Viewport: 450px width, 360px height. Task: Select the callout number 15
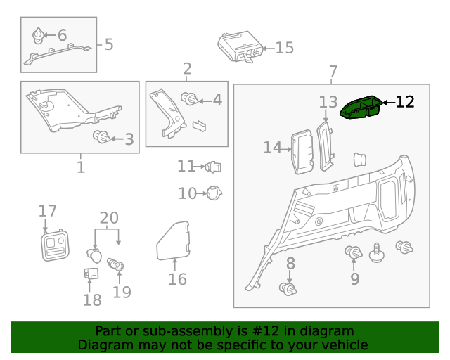pyautogui.click(x=284, y=48)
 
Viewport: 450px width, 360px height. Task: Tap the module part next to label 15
pyautogui.click(x=239, y=48)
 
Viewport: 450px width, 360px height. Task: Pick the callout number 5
pyautogui.click(x=108, y=44)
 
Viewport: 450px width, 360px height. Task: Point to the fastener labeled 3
pyautogui.click(x=102, y=136)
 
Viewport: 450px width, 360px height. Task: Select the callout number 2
pyautogui.click(x=187, y=69)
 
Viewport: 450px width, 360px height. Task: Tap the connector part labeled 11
pyautogui.click(x=214, y=167)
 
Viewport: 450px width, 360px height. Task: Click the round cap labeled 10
pyautogui.click(x=213, y=192)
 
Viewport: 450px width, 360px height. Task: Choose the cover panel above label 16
pyautogui.click(x=173, y=239)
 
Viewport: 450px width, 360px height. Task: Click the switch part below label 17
pyautogui.click(x=54, y=244)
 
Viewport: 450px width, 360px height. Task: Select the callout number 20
pyautogui.click(x=109, y=218)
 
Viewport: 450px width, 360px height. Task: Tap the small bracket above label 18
pyautogui.click(x=91, y=276)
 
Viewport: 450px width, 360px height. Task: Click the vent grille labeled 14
pyautogui.click(x=303, y=151)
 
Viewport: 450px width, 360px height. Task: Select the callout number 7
pyautogui.click(x=333, y=72)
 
